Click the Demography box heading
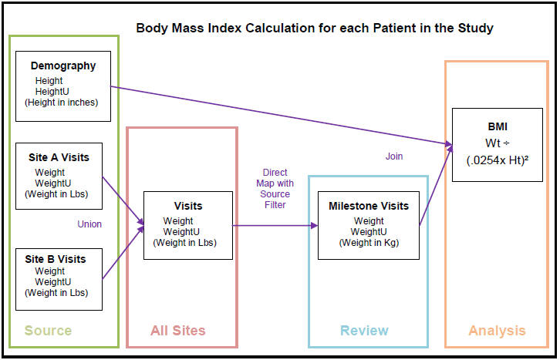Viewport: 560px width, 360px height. [63, 66]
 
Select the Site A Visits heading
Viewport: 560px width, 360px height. [58, 157]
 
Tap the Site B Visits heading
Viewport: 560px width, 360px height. [58, 259]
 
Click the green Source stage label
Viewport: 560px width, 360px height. [48, 331]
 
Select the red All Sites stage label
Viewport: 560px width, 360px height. [177, 331]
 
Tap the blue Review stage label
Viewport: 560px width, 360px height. [364, 331]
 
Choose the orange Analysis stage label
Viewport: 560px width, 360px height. [497, 331]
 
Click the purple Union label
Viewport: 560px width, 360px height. [89, 224]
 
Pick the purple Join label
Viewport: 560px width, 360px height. [394, 156]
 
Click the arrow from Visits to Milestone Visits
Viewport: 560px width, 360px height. [275, 226]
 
